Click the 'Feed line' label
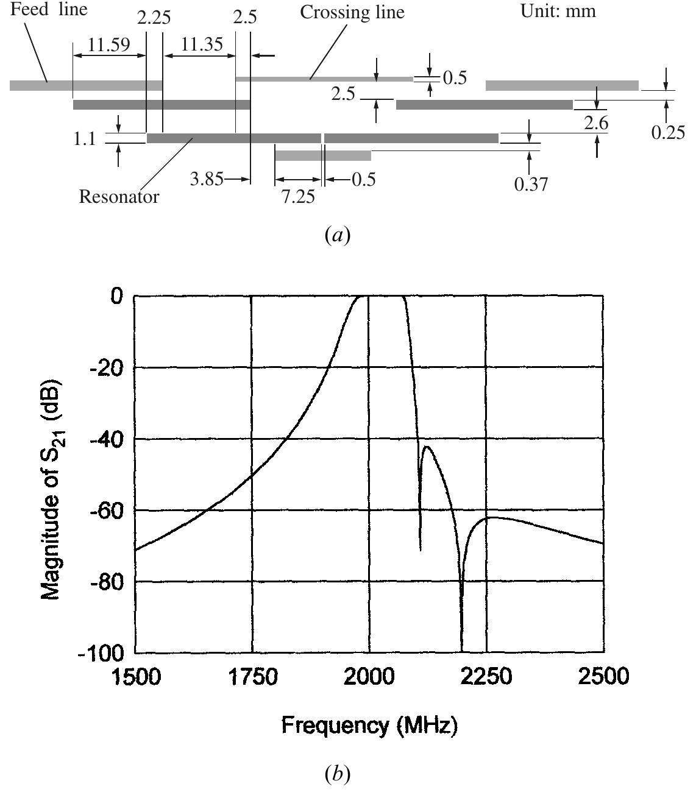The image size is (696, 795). coord(49,10)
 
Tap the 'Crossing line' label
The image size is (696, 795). coord(352,12)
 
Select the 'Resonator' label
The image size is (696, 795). coord(119,197)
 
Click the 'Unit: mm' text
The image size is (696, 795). coord(558,11)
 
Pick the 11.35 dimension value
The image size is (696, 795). coord(202,44)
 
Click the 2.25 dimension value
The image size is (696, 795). coord(154,17)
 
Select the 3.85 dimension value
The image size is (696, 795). coord(207,180)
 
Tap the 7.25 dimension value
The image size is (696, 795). coord(298,197)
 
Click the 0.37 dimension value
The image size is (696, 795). coord(531,184)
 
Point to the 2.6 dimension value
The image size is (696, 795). coord(595,123)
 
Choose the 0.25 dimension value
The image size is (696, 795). coord(668,132)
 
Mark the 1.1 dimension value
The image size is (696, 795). coord(85,139)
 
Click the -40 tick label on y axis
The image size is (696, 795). coord(106,439)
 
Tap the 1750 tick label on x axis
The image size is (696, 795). coord(251,676)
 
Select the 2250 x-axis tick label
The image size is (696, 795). coord(486,676)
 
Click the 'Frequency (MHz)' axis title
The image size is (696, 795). coord(369,725)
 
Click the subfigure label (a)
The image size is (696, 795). coord(338,235)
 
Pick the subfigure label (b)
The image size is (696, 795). coord(338,774)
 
